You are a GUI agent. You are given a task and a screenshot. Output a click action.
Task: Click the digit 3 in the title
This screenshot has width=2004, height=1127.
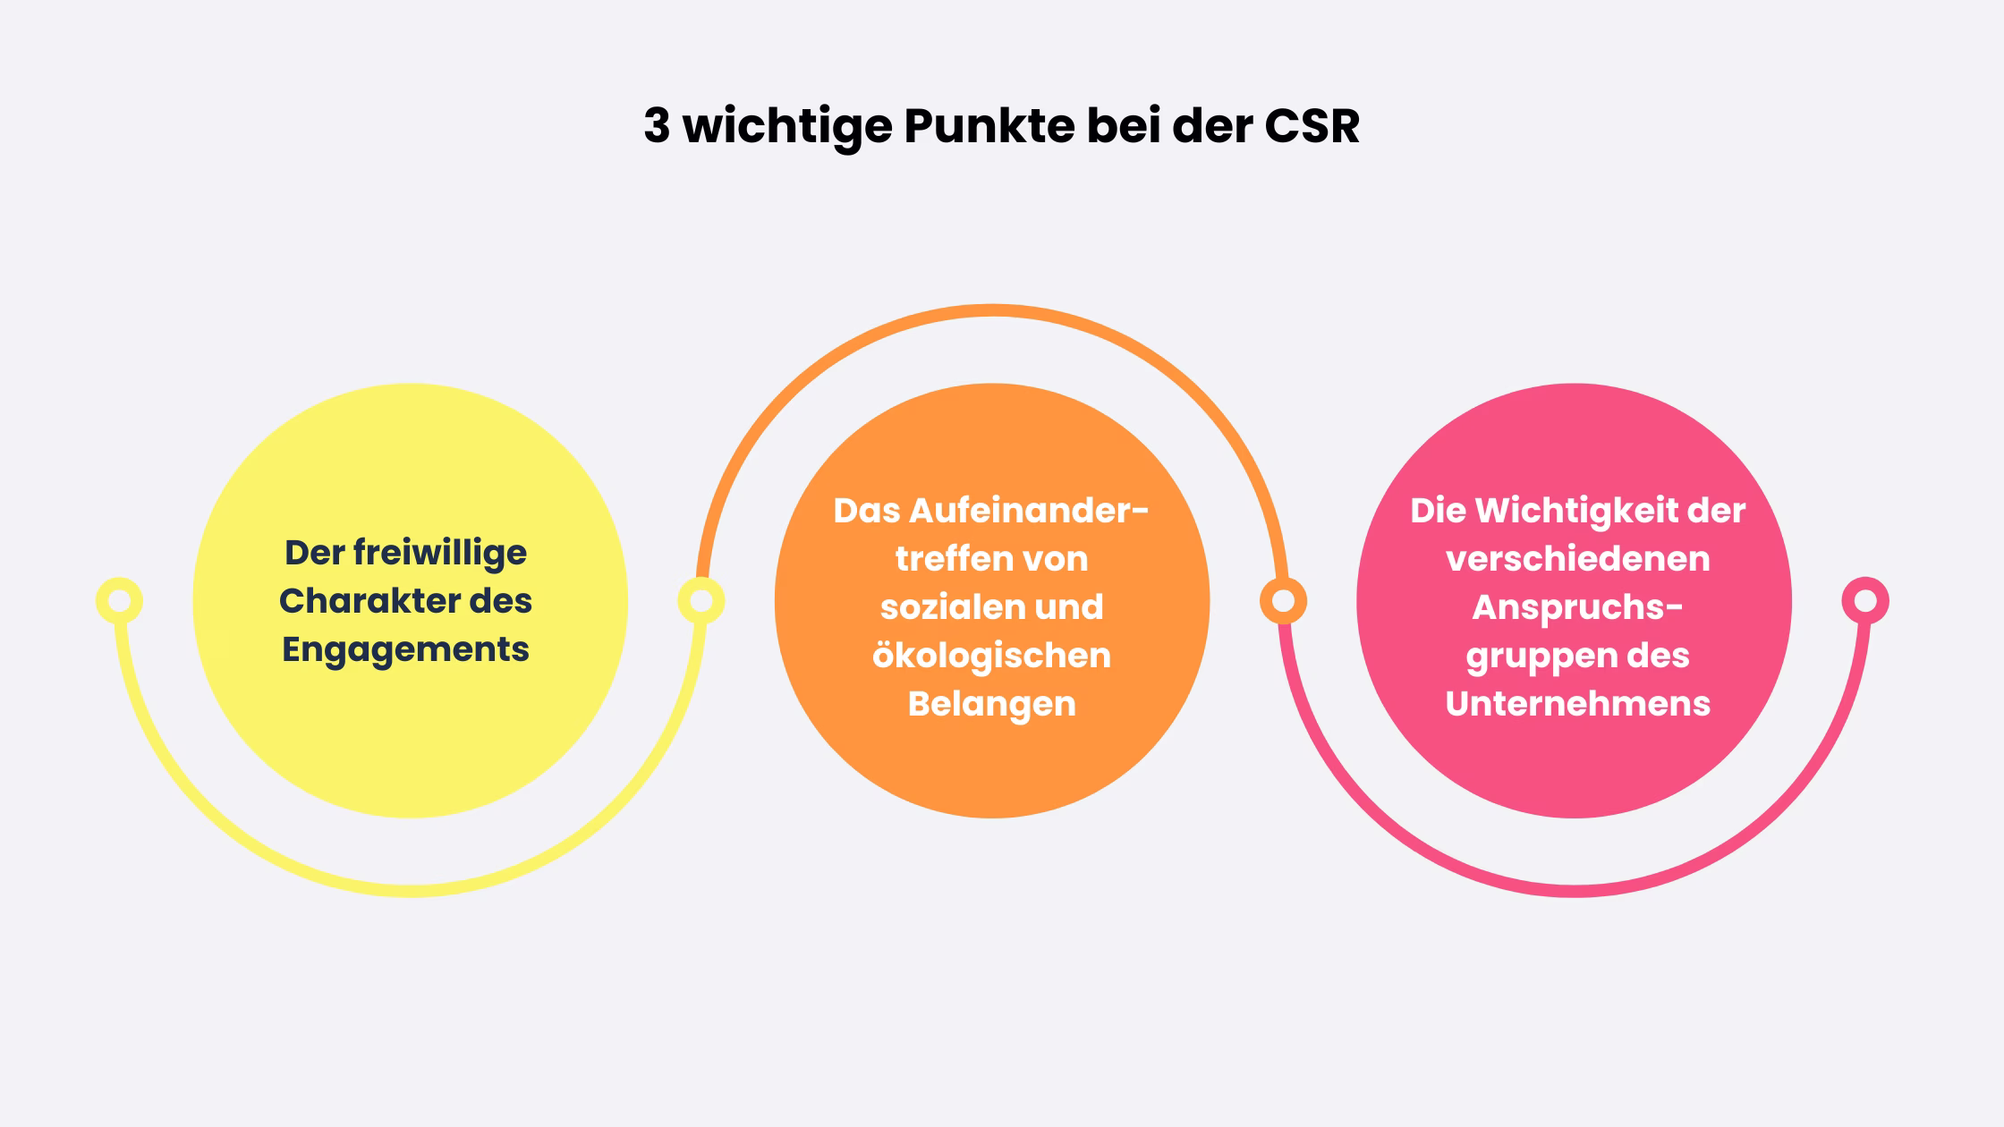tap(656, 126)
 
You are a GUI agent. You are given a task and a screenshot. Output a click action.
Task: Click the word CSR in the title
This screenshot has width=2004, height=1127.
tap(1312, 126)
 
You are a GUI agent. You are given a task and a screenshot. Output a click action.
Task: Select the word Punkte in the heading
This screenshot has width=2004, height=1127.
tap(989, 126)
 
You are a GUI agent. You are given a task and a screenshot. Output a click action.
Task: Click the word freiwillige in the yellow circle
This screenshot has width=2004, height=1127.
tap(439, 553)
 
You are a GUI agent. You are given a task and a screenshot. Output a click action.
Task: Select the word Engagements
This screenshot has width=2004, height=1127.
tap(405, 649)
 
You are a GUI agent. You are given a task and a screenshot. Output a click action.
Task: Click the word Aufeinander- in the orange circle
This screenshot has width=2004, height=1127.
tap(1029, 511)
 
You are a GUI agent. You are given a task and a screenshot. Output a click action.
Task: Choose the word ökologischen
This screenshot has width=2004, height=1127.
tap(991, 656)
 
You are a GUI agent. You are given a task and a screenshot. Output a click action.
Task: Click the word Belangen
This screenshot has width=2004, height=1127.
tap(991, 704)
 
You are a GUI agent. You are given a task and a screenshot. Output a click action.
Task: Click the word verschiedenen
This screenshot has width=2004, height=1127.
tap(1577, 559)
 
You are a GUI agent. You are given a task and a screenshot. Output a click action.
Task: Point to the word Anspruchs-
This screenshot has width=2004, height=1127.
tap(1577, 607)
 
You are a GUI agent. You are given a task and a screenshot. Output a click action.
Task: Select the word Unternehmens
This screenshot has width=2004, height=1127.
tap(1577, 704)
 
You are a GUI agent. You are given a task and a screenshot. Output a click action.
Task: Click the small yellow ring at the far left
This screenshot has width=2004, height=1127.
tap(119, 601)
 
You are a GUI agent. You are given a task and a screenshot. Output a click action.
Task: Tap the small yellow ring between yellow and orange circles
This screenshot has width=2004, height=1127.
tap(701, 601)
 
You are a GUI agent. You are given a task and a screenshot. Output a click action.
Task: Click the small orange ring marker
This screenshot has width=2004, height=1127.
tap(1283, 601)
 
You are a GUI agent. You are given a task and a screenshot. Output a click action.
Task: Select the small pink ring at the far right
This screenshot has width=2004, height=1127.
tap(1865, 601)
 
